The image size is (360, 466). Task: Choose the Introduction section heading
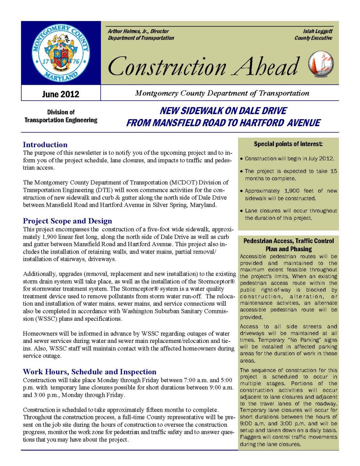pyautogui.click(x=45, y=145)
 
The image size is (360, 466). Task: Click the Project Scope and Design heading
pyautogui.click(x=67, y=221)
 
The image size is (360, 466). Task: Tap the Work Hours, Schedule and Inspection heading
pyautogui.click(x=89, y=372)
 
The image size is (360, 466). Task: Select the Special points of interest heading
pyautogui.click(x=288, y=144)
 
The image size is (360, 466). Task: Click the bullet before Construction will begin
pyautogui.click(x=242, y=159)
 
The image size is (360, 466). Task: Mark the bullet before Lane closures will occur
pyautogui.click(x=242, y=211)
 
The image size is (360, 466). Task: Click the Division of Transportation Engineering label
pyautogui.click(x=61, y=116)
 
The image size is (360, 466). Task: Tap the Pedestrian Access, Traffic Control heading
pyautogui.click(x=288, y=241)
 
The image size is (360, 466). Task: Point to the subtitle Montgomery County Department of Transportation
pyautogui.click(x=222, y=93)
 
